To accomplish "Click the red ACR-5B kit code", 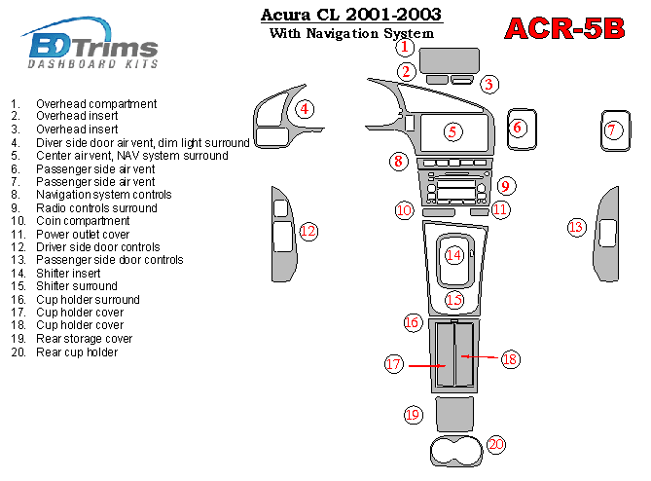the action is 564,28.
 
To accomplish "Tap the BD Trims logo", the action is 90,43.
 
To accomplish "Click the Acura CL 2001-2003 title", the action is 351,15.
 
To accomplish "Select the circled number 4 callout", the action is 305,109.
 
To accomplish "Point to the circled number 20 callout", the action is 496,445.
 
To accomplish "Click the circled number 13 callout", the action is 577,227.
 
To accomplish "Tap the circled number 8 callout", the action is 399,162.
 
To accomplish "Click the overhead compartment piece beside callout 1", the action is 450,60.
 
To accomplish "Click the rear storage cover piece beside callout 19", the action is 454,414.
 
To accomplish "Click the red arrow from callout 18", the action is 479,356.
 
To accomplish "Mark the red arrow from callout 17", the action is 427,366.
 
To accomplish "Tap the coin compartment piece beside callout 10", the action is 439,212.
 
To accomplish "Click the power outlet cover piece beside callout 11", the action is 480,212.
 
